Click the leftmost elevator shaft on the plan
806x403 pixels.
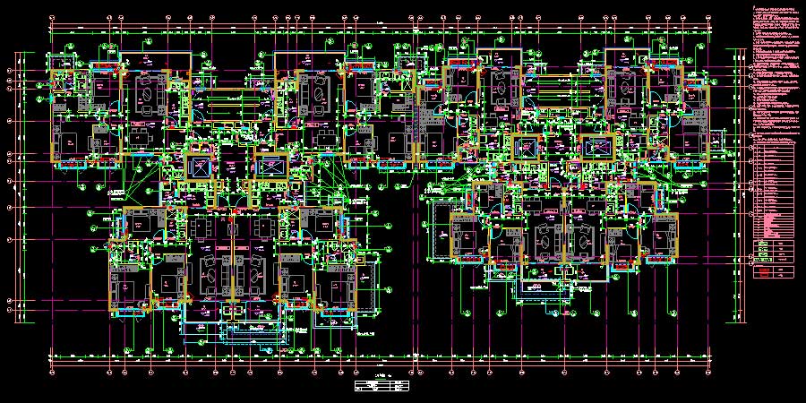(199, 167)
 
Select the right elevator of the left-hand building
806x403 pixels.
(270, 167)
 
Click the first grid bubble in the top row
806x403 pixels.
(50, 17)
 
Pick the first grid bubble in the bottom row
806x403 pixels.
(50, 370)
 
